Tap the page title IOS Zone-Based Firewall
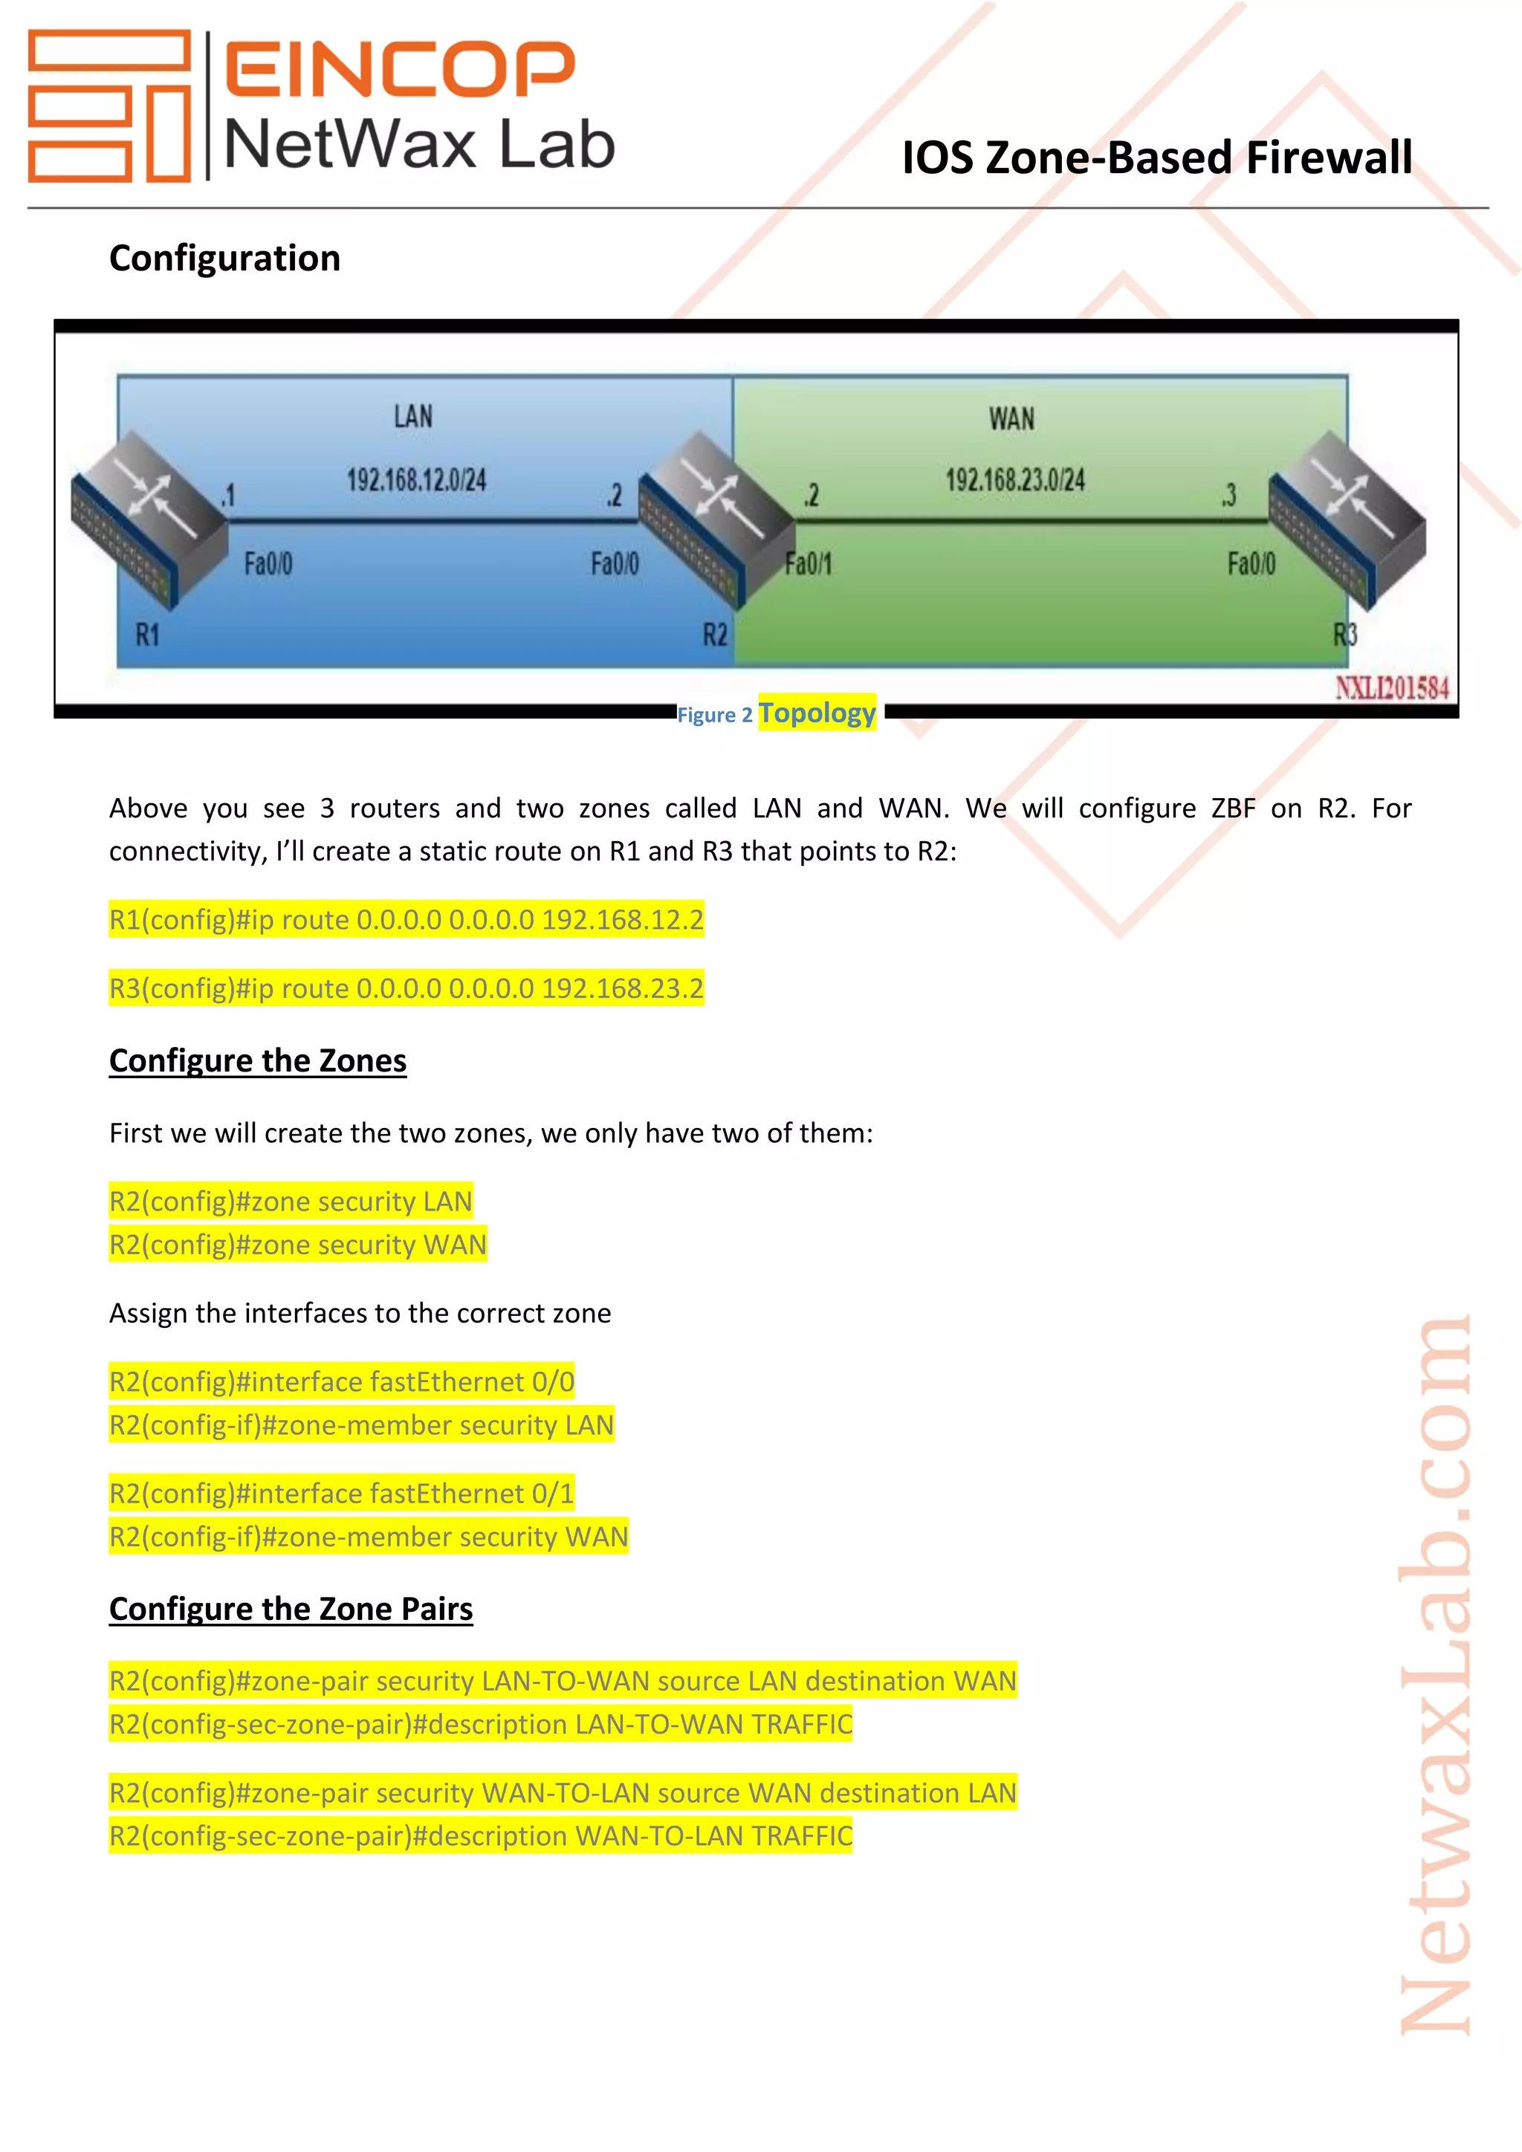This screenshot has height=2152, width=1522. click(1156, 158)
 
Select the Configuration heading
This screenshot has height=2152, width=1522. click(225, 259)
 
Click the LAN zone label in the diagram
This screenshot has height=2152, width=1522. click(413, 416)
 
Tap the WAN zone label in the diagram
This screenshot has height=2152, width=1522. click(1011, 418)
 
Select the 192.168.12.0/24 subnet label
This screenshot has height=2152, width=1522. click(417, 481)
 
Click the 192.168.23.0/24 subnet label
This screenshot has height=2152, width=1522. click(1015, 481)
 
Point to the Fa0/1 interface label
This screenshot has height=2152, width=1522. click(808, 563)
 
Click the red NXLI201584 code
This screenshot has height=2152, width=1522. click(1392, 688)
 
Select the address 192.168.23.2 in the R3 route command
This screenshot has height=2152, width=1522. click(622, 989)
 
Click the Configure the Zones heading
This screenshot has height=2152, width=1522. click(258, 1061)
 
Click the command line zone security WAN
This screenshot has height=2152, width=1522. click(298, 1245)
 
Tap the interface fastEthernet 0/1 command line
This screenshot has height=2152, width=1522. click(341, 1493)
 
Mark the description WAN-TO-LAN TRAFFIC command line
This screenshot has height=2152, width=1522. click(480, 1835)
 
